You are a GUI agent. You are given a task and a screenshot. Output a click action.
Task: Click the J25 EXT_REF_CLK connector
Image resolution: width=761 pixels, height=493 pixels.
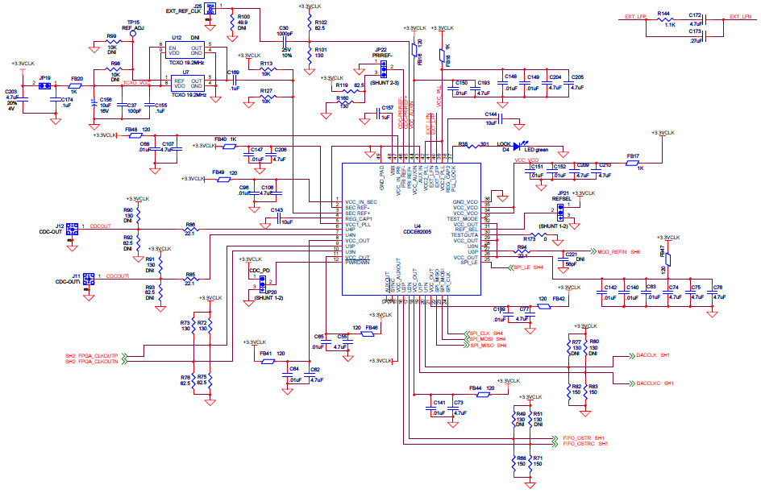[210, 9]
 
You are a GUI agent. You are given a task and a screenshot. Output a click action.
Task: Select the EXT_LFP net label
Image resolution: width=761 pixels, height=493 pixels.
[636, 17]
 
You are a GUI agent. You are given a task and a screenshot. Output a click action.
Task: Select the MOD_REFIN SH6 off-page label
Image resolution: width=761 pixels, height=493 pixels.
[617, 251]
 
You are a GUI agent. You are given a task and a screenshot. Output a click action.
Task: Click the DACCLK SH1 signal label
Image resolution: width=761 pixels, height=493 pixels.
[653, 355]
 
